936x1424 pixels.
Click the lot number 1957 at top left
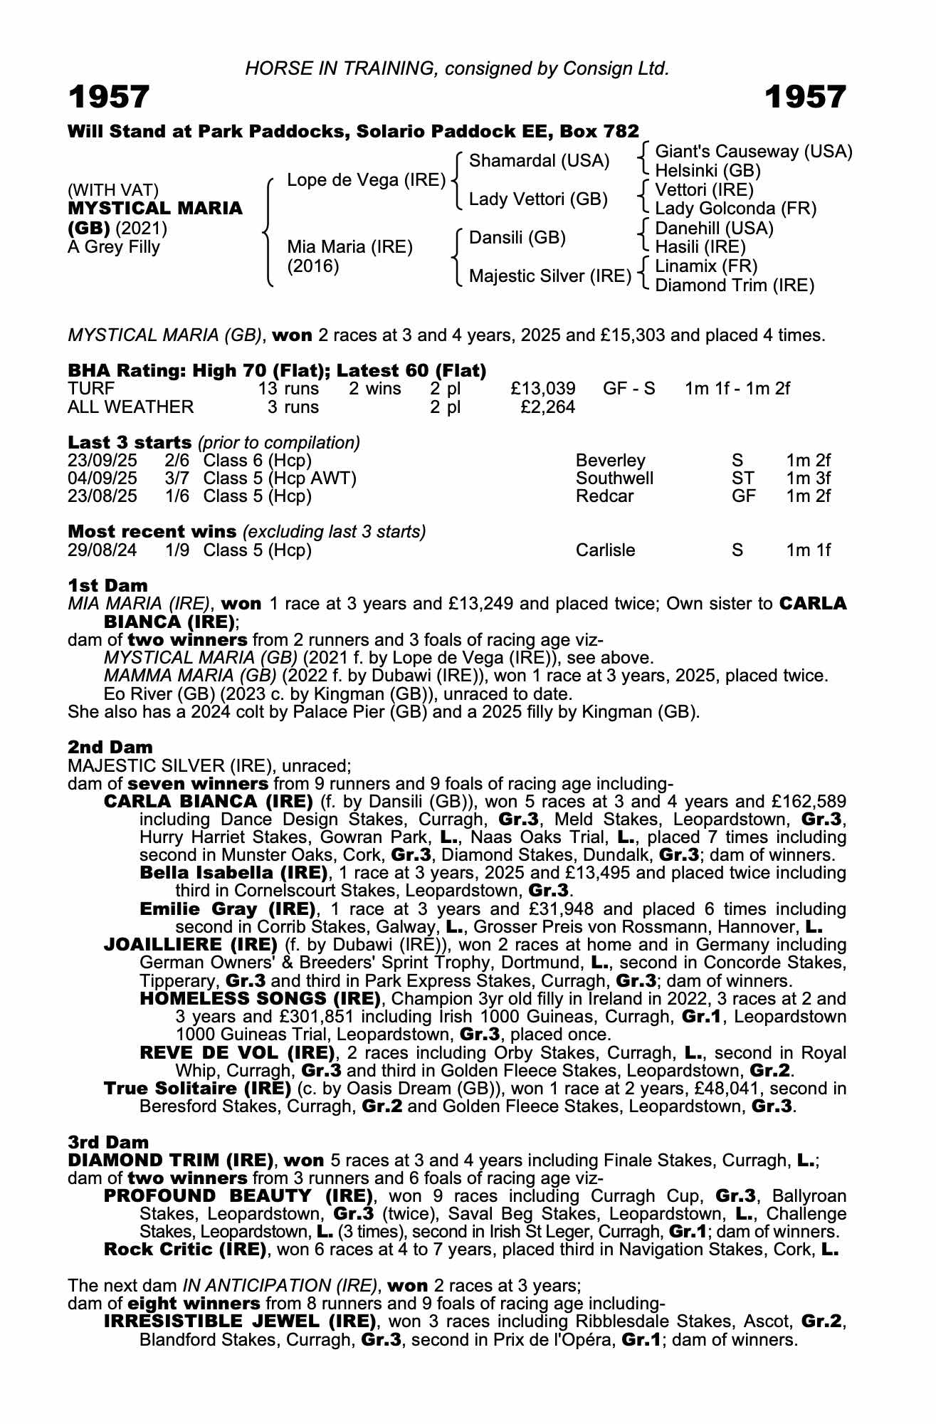[109, 98]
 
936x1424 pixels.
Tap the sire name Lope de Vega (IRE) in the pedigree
[366, 180]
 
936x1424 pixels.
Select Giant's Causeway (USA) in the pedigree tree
[753, 152]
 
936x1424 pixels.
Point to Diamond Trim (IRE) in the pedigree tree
[734, 286]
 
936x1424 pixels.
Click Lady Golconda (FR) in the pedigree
[735, 209]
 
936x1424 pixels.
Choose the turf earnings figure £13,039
[543, 389]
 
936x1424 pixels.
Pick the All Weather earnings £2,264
[547, 407]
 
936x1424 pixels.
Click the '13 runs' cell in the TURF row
[288, 389]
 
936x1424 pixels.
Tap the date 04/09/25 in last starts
[102, 478]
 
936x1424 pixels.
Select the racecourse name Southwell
[614, 478]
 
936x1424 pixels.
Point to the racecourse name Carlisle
[605, 550]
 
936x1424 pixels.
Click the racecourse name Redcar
[604, 496]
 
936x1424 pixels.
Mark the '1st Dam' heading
[108, 585]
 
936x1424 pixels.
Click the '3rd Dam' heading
[109, 1143]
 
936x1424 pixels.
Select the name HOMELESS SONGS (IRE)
[261, 999]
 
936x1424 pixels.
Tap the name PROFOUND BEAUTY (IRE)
[238, 1196]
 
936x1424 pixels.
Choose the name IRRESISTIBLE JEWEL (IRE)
[240, 1322]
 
